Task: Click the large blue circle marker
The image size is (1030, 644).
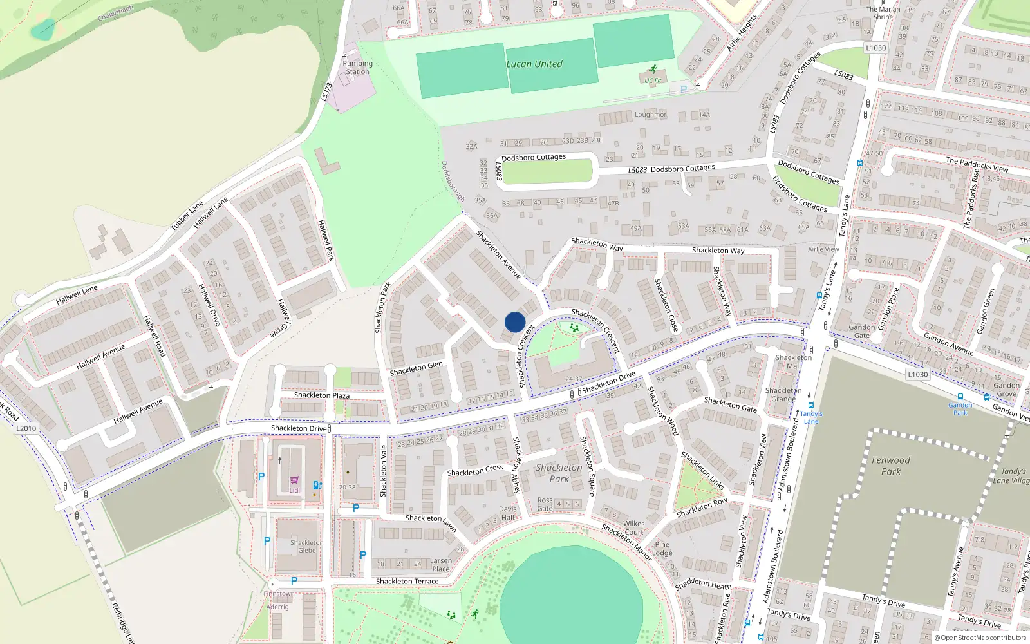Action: click(515, 322)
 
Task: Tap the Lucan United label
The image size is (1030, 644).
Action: click(534, 64)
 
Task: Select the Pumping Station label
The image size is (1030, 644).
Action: click(357, 68)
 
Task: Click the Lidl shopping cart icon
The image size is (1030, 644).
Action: click(294, 480)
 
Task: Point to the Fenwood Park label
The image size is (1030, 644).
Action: click(891, 466)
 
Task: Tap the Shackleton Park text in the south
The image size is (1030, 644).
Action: click(559, 473)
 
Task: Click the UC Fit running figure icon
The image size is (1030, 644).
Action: click(653, 70)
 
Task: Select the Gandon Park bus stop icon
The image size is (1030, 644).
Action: click(960, 397)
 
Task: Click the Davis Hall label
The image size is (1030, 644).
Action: click(507, 513)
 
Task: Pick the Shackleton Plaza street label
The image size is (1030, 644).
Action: click(321, 395)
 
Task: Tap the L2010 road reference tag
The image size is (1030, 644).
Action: click(26, 428)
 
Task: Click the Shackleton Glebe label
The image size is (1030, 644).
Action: click(306, 546)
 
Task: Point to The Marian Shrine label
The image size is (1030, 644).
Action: click(883, 13)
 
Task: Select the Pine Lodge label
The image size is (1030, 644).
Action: click(662, 549)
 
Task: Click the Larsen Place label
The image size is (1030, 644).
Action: click(441, 565)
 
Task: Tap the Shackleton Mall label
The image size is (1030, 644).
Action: click(794, 361)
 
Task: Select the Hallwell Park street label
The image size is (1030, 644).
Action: click(326, 240)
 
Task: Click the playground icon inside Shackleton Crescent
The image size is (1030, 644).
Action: click(574, 328)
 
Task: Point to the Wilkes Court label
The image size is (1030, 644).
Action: click(633, 527)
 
